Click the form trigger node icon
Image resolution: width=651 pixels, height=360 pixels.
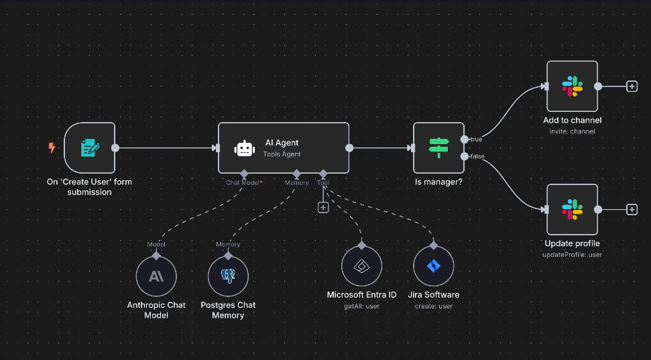pos(89,147)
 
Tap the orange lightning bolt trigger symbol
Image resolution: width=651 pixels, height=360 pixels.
pos(52,147)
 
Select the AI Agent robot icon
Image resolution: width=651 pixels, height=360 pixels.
pos(244,148)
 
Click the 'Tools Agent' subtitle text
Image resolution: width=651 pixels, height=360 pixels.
pos(282,154)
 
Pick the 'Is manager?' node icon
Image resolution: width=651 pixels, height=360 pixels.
pos(438,147)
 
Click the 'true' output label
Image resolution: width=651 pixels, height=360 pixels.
pos(476,139)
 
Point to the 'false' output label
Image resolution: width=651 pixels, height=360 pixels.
pos(477,156)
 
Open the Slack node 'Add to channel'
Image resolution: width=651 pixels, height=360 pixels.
pos(572,86)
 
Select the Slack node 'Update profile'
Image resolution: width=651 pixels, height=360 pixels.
pos(572,209)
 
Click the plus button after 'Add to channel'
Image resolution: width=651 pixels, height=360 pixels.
pos(632,86)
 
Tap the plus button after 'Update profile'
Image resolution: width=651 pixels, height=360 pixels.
pos(632,210)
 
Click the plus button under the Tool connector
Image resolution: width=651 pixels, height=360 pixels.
pos(323,207)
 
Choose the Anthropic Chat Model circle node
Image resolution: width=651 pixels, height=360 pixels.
pos(156,276)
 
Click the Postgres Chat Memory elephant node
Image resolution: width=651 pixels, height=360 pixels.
pos(228,276)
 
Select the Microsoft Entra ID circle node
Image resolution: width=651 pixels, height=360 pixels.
pos(361,266)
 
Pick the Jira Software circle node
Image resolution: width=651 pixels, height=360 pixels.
pos(434,266)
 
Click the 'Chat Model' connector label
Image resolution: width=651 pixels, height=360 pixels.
pos(242,182)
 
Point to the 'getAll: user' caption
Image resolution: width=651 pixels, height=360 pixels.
pos(361,306)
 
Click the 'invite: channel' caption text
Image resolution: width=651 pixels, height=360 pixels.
pos(572,131)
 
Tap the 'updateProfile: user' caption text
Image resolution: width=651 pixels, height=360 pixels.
pos(572,255)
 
